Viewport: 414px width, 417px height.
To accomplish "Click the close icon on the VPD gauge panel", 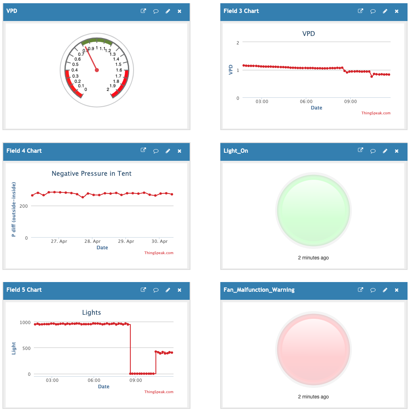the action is coord(180,11).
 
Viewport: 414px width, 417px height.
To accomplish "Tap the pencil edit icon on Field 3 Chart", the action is coord(385,11).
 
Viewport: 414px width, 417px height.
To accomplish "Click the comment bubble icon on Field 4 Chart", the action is coord(156,151).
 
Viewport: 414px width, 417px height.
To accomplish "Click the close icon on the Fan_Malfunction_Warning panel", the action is coord(397,290).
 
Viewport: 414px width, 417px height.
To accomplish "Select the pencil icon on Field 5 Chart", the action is coord(168,290).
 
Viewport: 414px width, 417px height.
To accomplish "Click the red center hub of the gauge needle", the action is coord(97,70).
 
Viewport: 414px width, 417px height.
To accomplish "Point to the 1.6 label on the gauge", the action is coord(119,70).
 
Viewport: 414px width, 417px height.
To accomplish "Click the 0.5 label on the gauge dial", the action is coord(75,64).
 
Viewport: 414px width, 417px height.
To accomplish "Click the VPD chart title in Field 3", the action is coord(309,34).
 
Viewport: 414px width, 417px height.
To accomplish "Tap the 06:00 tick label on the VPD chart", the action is coord(306,101).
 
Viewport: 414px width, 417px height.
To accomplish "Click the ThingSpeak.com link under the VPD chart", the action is coord(376,113).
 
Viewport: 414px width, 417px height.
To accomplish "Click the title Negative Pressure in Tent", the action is coord(92,173).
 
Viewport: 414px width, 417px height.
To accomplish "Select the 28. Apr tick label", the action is coord(92,241).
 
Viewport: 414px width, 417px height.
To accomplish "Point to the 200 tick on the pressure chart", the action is coord(24,206).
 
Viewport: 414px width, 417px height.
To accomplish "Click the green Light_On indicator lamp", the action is coord(314,211).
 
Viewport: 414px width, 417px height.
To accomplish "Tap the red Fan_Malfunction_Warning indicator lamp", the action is coord(314,350).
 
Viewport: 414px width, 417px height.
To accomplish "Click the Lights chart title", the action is coord(92,312).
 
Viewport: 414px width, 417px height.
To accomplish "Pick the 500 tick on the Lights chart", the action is coord(26,348).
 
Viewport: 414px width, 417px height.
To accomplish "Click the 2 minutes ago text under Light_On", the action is coord(314,258).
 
